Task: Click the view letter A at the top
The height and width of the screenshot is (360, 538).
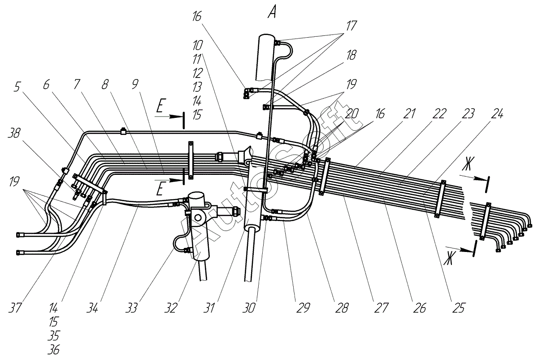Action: (x=272, y=13)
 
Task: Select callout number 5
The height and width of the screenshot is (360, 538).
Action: (x=17, y=87)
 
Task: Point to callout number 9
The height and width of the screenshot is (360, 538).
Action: (x=135, y=84)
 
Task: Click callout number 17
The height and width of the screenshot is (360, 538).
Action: (x=351, y=26)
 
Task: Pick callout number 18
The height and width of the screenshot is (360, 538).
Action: (x=351, y=55)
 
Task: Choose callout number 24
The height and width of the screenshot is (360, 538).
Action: (x=497, y=113)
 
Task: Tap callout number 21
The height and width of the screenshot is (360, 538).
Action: (x=409, y=113)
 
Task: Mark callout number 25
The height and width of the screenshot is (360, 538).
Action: (x=459, y=308)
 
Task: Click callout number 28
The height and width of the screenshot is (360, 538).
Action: (x=342, y=308)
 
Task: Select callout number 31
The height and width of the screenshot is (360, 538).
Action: (x=209, y=308)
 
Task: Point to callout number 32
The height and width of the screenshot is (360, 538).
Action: (x=171, y=308)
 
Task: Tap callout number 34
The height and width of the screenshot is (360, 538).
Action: (x=92, y=308)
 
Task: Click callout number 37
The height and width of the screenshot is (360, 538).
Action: (x=15, y=308)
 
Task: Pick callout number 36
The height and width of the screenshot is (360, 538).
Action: (x=53, y=350)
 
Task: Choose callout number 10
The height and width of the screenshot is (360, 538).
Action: (x=197, y=45)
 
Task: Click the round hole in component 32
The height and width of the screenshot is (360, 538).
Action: (x=198, y=218)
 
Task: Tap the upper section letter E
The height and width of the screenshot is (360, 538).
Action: (x=160, y=107)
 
